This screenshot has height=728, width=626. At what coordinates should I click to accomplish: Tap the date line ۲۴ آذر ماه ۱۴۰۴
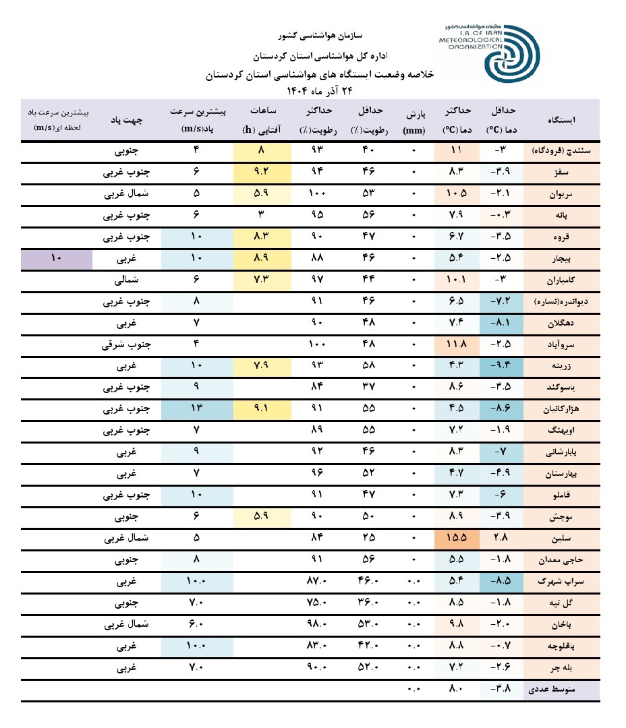tap(320, 90)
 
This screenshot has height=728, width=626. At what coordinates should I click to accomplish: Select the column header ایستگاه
tap(563, 121)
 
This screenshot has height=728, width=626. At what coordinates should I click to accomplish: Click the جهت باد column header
tap(127, 121)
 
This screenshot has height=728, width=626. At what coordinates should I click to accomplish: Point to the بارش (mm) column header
tap(414, 121)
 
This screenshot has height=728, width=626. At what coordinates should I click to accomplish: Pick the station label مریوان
tap(564, 195)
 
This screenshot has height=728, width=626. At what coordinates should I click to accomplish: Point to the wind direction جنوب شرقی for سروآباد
tap(126, 346)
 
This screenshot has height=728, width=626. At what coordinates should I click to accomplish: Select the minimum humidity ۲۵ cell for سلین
tap(370, 539)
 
